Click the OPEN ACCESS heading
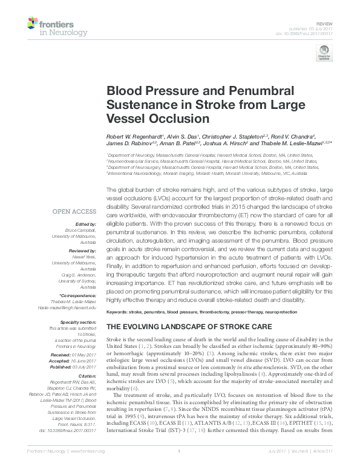click(75, 211)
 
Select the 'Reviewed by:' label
click(82, 249)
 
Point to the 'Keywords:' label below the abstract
click(120, 312)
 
